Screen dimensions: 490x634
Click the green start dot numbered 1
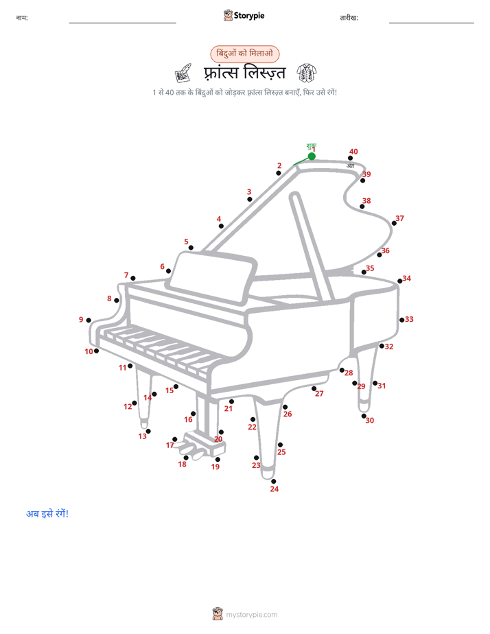point(312,156)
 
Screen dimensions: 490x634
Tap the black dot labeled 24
point(274,481)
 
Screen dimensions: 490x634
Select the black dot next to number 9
point(89,320)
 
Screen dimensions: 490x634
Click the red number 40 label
point(353,151)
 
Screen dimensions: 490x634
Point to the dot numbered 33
point(402,320)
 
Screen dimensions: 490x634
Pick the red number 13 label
point(142,436)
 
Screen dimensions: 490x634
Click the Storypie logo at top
point(244,15)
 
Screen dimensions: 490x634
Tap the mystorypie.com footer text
point(251,615)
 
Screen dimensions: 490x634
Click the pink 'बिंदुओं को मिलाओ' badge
point(244,54)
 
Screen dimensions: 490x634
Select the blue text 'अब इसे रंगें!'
point(47,513)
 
